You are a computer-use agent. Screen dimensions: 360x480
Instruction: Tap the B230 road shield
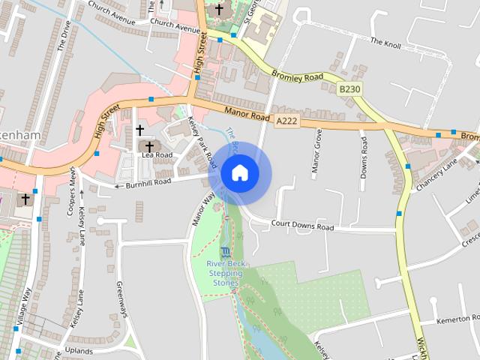point(349,89)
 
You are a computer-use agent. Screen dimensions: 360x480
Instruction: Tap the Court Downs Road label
point(302,226)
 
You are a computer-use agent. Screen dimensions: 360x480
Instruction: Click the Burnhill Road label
point(148,182)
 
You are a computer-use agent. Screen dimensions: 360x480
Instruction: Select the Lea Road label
point(157,155)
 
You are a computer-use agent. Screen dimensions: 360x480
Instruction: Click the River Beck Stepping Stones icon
point(226,254)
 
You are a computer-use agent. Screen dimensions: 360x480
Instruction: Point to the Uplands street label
point(79,350)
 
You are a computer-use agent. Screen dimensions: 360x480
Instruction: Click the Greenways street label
point(120,298)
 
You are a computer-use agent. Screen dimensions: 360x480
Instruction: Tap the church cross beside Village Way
point(25,199)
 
